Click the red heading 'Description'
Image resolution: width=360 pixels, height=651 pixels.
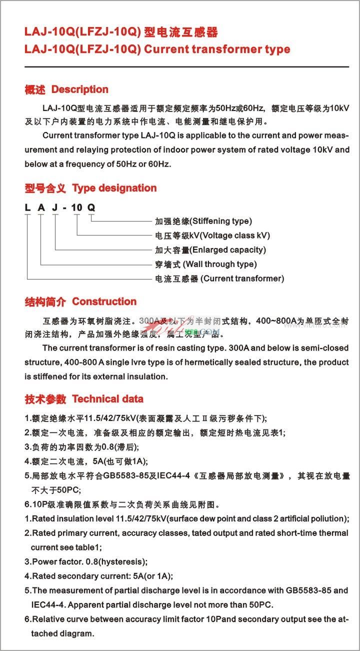pyautogui.click(x=80, y=90)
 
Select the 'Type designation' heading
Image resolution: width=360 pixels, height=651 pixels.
pyautogui.click(x=114, y=188)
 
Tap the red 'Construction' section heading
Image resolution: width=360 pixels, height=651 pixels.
pyautogui.click(x=104, y=302)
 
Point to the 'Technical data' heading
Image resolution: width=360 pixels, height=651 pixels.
pyautogui.click(x=107, y=399)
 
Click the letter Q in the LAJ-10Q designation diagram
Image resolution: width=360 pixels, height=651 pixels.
pyautogui.click(x=91, y=207)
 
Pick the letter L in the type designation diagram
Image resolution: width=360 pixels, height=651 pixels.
pyautogui.click(x=27, y=207)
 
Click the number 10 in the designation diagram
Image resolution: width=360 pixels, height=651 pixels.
pyautogui.click(x=76, y=207)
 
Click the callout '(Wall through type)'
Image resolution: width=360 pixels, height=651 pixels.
pyautogui.click(x=220, y=264)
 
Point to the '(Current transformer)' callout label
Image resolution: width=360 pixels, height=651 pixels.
pyautogui.click(x=242, y=278)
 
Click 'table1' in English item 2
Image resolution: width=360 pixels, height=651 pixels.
pyautogui.click(x=73, y=547)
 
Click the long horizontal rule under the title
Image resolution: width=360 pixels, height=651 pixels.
pyautogui.click(x=186, y=66)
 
